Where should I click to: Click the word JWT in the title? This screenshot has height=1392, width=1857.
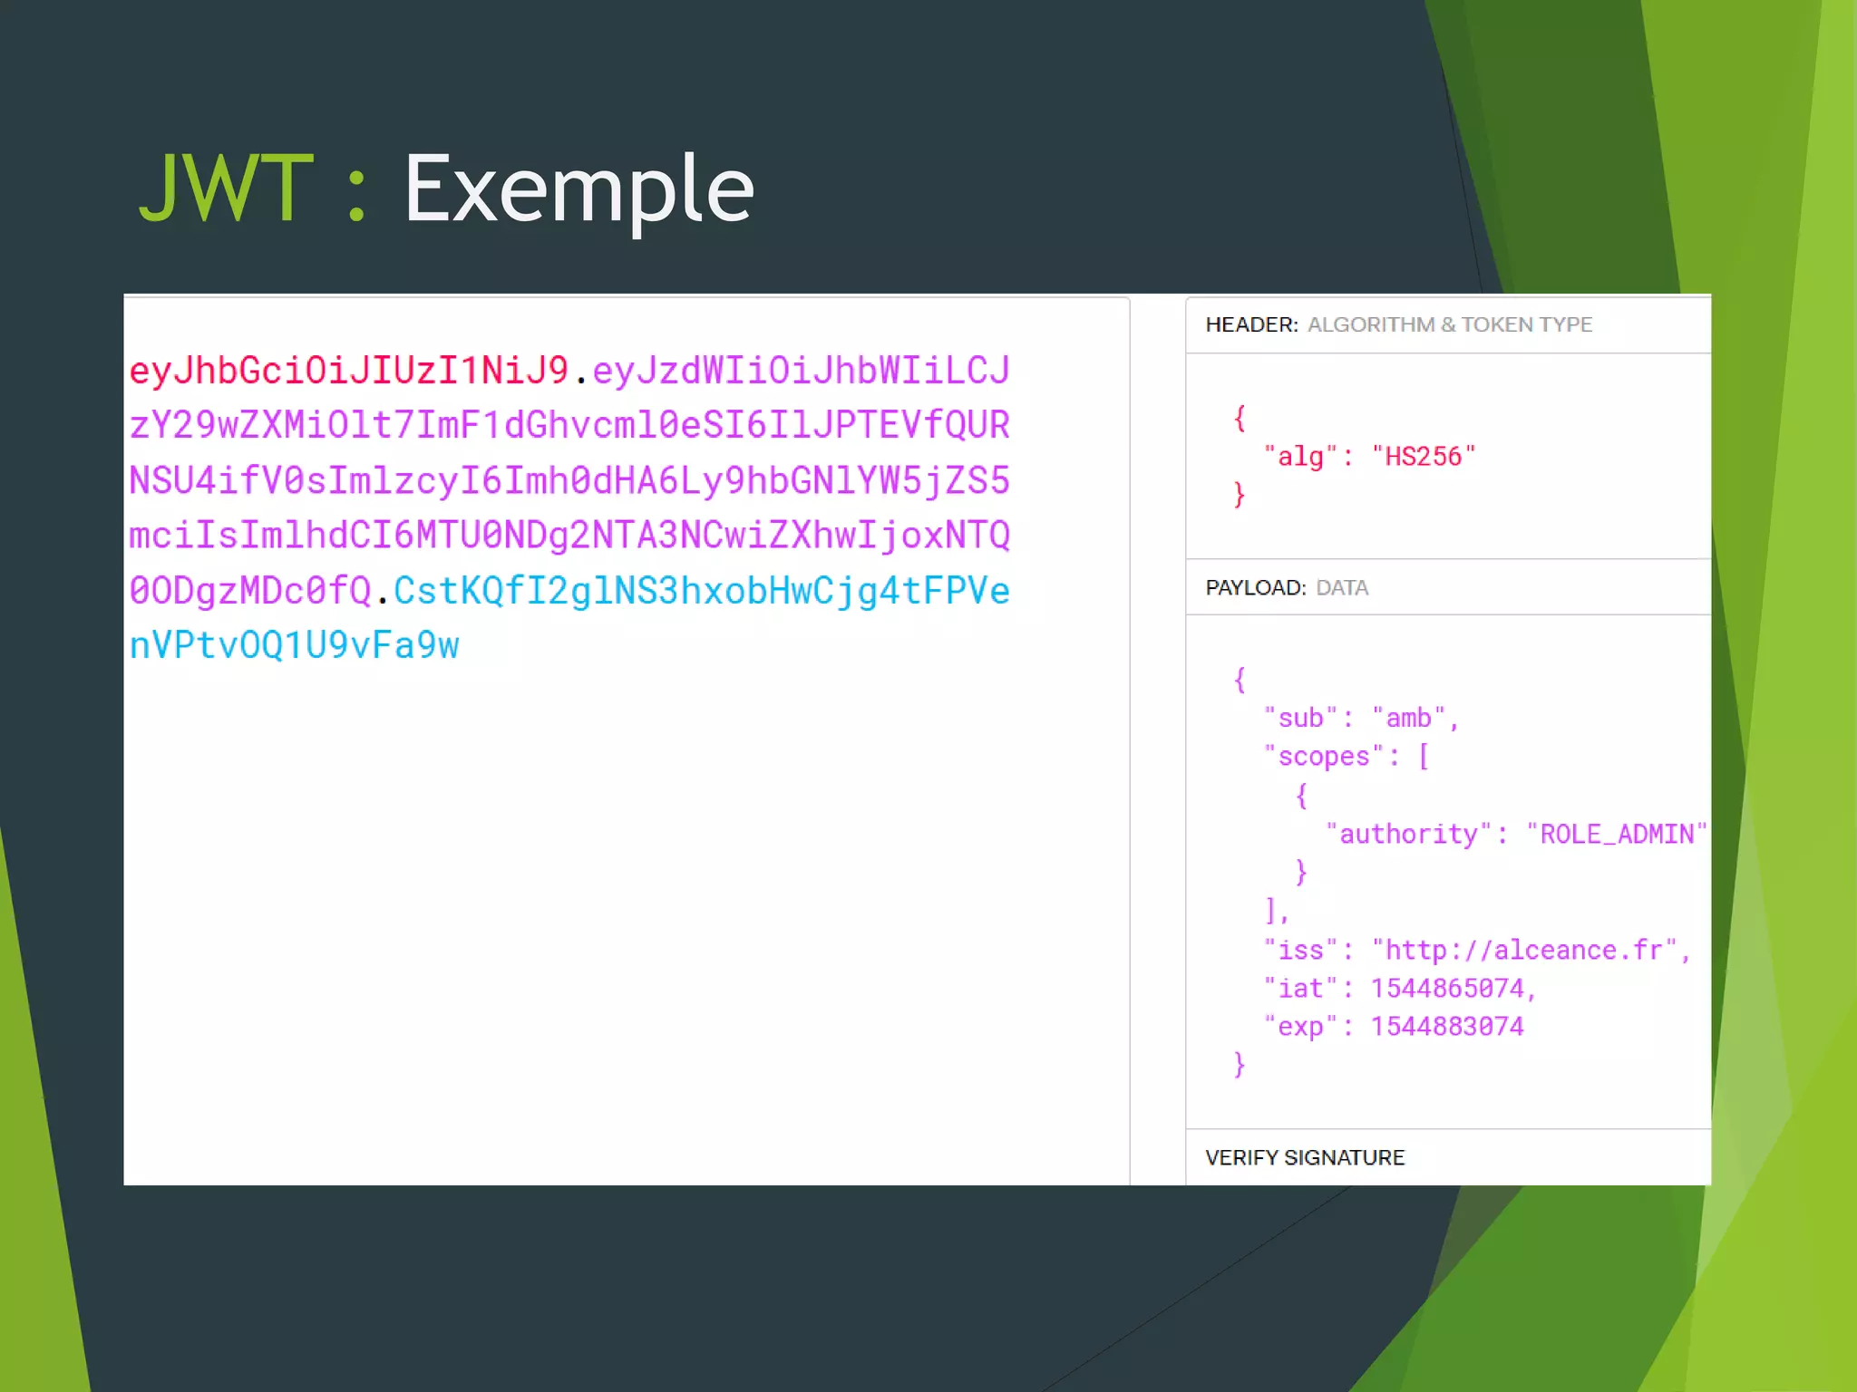pyautogui.click(x=226, y=188)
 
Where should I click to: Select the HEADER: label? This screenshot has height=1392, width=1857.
pyautogui.click(x=1251, y=324)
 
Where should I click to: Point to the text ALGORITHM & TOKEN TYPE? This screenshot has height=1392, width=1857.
pyautogui.click(x=1449, y=324)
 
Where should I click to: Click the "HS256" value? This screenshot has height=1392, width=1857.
pyautogui.click(x=1423, y=456)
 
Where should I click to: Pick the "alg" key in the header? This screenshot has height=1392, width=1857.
pyautogui.click(x=1300, y=456)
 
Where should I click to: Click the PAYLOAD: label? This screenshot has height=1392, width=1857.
pyautogui.click(x=1255, y=587)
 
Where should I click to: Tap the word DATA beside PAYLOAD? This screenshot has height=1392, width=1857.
pyautogui.click(x=1341, y=587)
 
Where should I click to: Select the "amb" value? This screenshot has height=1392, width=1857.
pyautogui.click(x=1408, y=718)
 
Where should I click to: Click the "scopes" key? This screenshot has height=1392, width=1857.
pyautogui.click(x=1324, y=756)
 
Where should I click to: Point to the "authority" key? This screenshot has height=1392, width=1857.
pyautogui.click(x=1408, y=834)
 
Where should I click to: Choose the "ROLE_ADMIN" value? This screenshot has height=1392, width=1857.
pyautogui.click(x=1616, y=834)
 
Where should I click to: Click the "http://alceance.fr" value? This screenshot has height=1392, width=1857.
pyautogui.click(x=1523, y=950)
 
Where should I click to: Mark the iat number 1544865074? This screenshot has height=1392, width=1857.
pyautogui.click(x=1447, y=988)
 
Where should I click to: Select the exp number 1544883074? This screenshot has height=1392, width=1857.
pyautogui.click(x=1447, y=1026)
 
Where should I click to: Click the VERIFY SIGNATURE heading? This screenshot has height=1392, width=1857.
pyautogui.click(x=1304, y=1157)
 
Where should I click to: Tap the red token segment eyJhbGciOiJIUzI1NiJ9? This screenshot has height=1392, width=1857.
pyautogui.click(x=349, y=371)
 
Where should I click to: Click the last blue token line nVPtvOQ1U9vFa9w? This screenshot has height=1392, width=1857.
pyautogui.click(x=295, y=645)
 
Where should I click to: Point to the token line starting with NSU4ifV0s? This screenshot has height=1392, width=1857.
pyautogui.click(x=569, y=480)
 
